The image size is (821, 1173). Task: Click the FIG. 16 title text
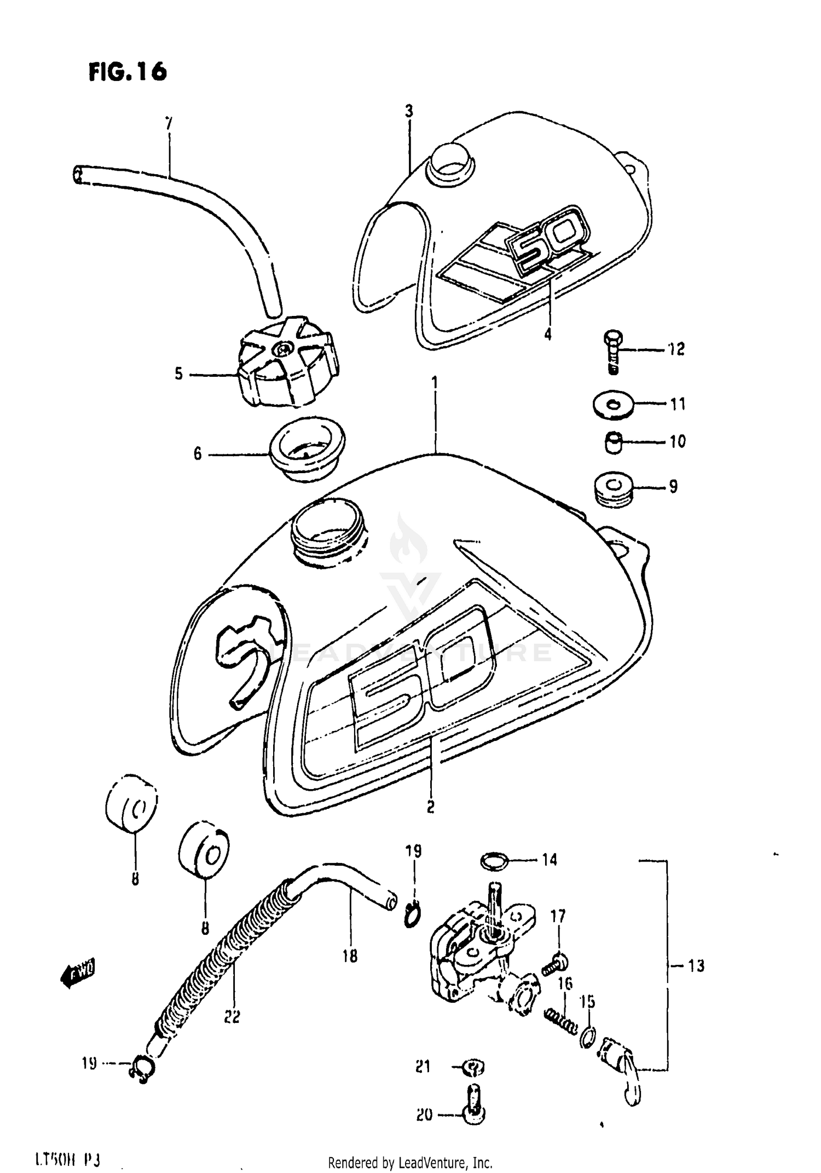[x=128, y=72]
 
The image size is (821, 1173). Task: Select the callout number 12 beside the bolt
[x=677, y=349]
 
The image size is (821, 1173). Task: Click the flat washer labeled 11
[x=614, y=405]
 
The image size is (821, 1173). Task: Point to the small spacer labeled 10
[x=614, y=442]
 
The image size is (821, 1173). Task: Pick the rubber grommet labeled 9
[x=614, y=488]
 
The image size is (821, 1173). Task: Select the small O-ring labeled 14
[x=494, y=861]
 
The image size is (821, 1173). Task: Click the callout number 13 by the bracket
[x=696, y=965]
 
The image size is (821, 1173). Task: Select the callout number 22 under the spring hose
[x=232, y=1016]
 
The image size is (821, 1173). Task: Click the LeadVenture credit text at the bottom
[x=410, y=1162]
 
